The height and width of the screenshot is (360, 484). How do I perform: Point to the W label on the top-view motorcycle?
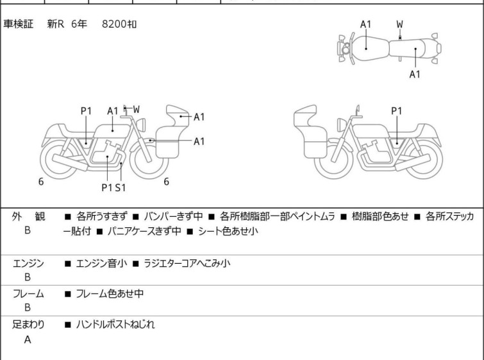(x=399, y=24)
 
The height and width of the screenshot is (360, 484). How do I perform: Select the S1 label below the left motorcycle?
(x=120, y=187)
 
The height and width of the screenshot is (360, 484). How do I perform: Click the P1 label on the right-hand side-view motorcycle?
(x=397, y=111)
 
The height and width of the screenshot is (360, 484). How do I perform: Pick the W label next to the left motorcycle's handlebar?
(x=136, y=110)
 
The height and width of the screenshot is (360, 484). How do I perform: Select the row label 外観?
(x=28, y=217)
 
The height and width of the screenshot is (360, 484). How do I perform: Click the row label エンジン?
(x=28, y=263)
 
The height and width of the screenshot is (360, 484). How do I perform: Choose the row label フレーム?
(x=28, y=294)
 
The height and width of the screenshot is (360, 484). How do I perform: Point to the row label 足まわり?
(x=28, y=325)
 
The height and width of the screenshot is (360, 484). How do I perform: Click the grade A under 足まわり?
(x=28, y=340)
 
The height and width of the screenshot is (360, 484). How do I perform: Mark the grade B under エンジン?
(x=28, y=278)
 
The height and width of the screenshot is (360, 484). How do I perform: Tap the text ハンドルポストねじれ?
(x=115, y=325)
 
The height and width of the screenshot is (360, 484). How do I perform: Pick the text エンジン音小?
(x=102, y=263)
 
